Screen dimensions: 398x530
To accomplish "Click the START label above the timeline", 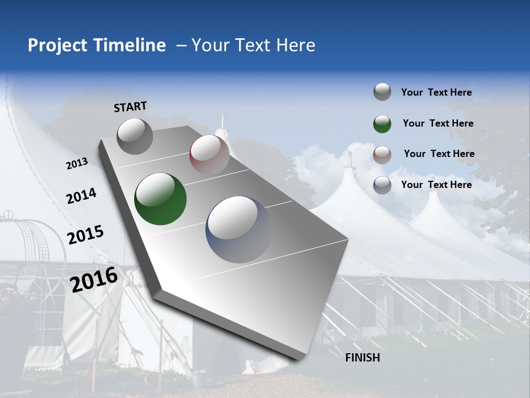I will click(x=130, y=107).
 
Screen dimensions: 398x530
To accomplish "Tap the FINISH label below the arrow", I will click(x=362, y=358).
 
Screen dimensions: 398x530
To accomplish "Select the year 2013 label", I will click(x=77, y=164).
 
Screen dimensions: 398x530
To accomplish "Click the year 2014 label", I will click(x=81, y=196).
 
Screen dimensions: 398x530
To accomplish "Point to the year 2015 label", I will click(x=85, y=235).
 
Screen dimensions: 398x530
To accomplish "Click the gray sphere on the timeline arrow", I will click(x=135, y=136).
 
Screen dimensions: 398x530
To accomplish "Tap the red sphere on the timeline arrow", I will click(x=209, y=154).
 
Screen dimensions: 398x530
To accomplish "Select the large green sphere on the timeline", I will click(x=160, y=199).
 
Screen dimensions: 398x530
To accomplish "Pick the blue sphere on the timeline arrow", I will click(x=239, y=229).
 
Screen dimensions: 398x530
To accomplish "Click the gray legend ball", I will click(x=382, y=92).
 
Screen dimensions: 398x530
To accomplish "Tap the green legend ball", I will click(x=382, y=124).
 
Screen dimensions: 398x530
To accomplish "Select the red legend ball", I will click(x=382, y=154).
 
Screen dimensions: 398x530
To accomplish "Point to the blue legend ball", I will click(x=382, y=185).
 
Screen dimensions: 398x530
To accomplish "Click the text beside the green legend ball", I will click(x=438, y=123).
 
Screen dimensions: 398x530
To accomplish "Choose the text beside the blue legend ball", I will click(x=436, y=185).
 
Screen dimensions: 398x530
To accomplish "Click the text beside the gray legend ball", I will click(x=436, y=92).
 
